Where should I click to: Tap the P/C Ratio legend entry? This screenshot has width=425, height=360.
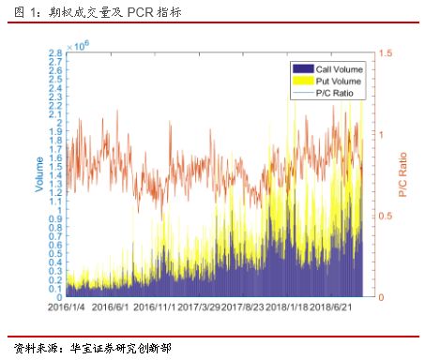coord(334,92)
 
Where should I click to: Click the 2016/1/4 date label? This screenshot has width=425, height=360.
coord(68,307)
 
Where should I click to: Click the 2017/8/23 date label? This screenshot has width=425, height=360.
coord(243,307)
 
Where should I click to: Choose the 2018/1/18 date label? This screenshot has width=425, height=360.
coord(287,307)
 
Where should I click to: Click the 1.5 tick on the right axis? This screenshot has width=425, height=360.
coord(382,54)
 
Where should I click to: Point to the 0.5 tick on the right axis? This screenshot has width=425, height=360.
coord(382,217)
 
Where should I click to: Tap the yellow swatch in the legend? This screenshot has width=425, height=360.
coord(303,81)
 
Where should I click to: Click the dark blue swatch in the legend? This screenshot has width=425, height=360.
coord(303,68)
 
